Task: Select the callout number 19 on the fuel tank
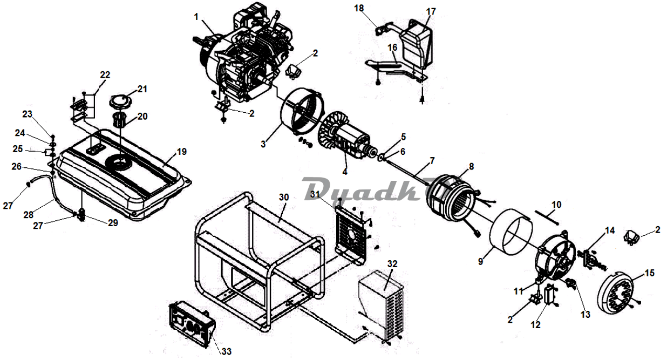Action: click(181, 152)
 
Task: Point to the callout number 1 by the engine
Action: click(196, 17)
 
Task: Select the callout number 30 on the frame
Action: click(284, 197)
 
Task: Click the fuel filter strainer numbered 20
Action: click(120, 120)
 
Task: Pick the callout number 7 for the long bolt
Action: click(432, 161)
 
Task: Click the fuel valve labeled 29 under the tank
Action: click(81, 215)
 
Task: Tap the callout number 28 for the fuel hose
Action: click(29, 214)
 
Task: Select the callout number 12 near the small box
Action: click(535, 324)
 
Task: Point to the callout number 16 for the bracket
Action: click(392, 47)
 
